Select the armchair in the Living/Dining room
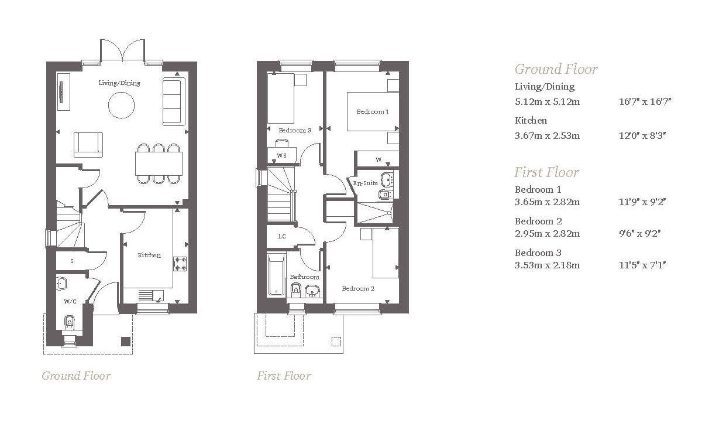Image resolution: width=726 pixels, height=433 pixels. coord(88,145)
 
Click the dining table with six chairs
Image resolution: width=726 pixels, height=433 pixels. coord(159,163)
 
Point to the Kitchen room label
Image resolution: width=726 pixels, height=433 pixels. coord(149,255)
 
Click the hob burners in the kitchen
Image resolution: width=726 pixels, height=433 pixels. coord(180,264)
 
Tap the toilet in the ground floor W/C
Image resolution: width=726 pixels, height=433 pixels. coord(70,322)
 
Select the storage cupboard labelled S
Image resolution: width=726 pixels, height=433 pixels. coord(72,261)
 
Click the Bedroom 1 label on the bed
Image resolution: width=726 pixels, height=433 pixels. coord(372,111)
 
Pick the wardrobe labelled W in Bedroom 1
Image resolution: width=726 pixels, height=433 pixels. coord(379,159)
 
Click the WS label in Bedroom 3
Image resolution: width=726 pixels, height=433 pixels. coord(281,155)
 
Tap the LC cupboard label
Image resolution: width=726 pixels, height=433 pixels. coord(281,236)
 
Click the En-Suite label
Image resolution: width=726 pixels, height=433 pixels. coord(366,183)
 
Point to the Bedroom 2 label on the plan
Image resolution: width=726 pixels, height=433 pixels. coord(358,288)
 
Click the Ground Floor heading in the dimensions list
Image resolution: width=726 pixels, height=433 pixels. coord(556,69)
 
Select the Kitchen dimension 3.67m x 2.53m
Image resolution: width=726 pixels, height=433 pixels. coord(547,136)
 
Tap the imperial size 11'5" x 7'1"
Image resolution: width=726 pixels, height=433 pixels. coord(642,265)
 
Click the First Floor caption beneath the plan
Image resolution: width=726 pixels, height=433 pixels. coord(284,376)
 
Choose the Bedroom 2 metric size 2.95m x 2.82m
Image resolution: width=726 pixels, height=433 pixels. coord(547,233)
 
